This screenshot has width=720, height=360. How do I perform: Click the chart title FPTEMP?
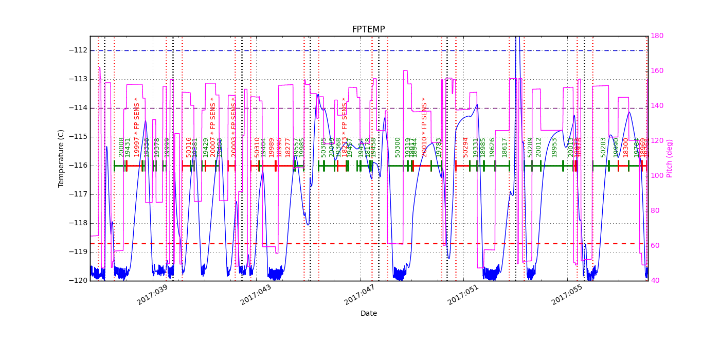click(x=368, y=29)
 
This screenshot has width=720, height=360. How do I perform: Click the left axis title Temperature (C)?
click(x=61, y=158)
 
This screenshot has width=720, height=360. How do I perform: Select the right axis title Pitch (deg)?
click(x=670, y=158)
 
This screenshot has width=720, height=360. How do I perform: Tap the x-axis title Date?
click(x=368, y=313)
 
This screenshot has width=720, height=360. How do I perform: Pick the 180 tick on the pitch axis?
click(x=657, y=35)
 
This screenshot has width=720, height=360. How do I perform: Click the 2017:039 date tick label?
click(x=153, y=295)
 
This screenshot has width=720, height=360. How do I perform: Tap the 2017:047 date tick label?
click(x=360, y=295)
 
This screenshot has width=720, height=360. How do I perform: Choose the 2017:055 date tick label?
click(x=567, y=295)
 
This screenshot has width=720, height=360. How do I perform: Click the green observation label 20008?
click(x=121, y=147)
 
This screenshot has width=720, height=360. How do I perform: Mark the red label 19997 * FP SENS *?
click(x=137, y=127)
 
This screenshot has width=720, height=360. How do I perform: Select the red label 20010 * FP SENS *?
click(x=424, y=127)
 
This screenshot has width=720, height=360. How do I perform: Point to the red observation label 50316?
click(x=189, y=147)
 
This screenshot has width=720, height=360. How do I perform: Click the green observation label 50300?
click(x=398, y=147)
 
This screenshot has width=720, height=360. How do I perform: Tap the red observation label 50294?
click(x=465, y=147)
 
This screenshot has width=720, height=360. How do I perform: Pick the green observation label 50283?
click(x=603, y=147)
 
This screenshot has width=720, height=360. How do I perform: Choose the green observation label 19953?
click(x=554, y=147)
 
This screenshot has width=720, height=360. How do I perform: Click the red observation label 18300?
click(x=626, y=147)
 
